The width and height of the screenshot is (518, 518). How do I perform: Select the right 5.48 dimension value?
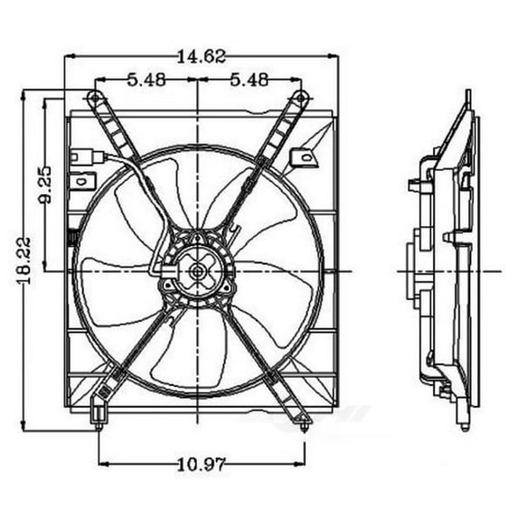[x=248, y=80]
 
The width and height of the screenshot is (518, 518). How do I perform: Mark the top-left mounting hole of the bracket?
[x=94, y=99]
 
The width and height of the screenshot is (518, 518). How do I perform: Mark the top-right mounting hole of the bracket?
[x=299, y=99]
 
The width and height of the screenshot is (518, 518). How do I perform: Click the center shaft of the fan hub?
[x=197, y=268]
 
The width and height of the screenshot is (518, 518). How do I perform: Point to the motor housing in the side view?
[x=410, y=268]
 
